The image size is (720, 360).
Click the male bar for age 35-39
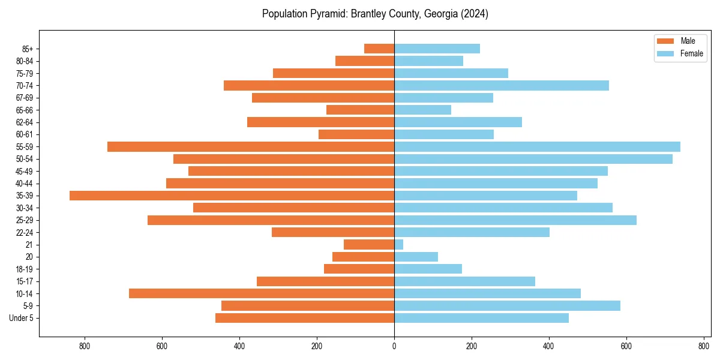click(x=232, y=196)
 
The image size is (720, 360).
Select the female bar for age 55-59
click(x=537, y=147)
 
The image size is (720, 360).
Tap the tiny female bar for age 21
click(x=399, y=245)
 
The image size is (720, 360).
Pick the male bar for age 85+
click(x=379, y=49)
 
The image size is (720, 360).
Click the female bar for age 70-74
click(x=502, y=86)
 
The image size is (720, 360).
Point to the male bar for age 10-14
click(x=262, y=293)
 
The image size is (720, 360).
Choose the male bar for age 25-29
click(x=271, y=220)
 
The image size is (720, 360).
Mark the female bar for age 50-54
click(x=533, y=159)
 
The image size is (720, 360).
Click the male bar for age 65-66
click(x=360, y=110)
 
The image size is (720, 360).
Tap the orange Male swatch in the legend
click(x=665, y=41)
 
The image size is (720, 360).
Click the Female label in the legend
click(x=692, y=53)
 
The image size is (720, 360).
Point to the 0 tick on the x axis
click(x=394, y=346)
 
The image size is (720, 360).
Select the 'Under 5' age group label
click(x=21, y=318)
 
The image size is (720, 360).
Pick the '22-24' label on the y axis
click(x=24, y=233)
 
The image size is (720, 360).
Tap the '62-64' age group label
click(x=24, y=122)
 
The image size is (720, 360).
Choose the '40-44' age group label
click(x=24, y=184)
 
